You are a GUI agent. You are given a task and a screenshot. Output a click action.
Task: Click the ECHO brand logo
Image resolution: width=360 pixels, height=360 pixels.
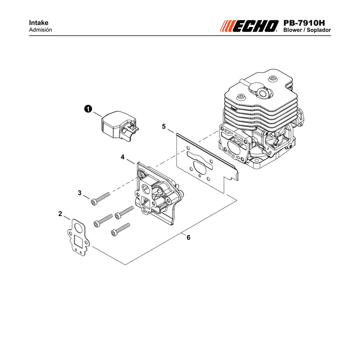249,26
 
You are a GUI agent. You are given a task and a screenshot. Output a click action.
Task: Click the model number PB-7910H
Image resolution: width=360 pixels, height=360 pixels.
304,23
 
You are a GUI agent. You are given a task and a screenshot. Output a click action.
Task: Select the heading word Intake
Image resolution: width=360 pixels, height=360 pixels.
39,23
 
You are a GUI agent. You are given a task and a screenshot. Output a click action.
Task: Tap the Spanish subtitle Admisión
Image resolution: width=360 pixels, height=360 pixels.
40,30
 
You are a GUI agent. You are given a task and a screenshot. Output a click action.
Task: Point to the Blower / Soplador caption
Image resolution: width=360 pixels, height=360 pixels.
307,30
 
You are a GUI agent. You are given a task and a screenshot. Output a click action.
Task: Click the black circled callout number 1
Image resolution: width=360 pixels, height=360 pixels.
88,109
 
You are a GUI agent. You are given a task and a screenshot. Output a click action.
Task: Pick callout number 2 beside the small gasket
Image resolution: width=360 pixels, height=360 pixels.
60,214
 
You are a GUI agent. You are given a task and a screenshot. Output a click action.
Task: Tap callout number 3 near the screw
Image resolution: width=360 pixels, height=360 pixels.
80,193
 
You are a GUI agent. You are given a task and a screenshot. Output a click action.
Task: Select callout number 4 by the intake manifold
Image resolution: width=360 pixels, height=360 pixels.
122,157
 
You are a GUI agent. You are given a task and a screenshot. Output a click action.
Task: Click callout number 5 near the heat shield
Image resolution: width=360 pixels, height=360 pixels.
164,126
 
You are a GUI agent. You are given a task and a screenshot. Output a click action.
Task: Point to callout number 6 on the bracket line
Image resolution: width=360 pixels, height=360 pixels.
189,238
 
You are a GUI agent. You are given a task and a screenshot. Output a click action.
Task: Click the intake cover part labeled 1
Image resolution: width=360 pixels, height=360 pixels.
119,126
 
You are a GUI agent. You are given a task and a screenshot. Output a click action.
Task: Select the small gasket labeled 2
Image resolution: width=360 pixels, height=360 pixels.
78,238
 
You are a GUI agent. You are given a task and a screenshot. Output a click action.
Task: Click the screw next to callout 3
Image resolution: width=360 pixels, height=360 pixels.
100,199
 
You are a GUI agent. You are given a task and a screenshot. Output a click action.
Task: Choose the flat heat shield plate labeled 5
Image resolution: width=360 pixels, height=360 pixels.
207,162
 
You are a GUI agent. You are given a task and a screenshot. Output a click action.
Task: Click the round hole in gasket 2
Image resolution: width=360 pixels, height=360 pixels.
78,228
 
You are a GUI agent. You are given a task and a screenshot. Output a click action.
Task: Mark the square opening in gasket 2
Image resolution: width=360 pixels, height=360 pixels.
79,241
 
